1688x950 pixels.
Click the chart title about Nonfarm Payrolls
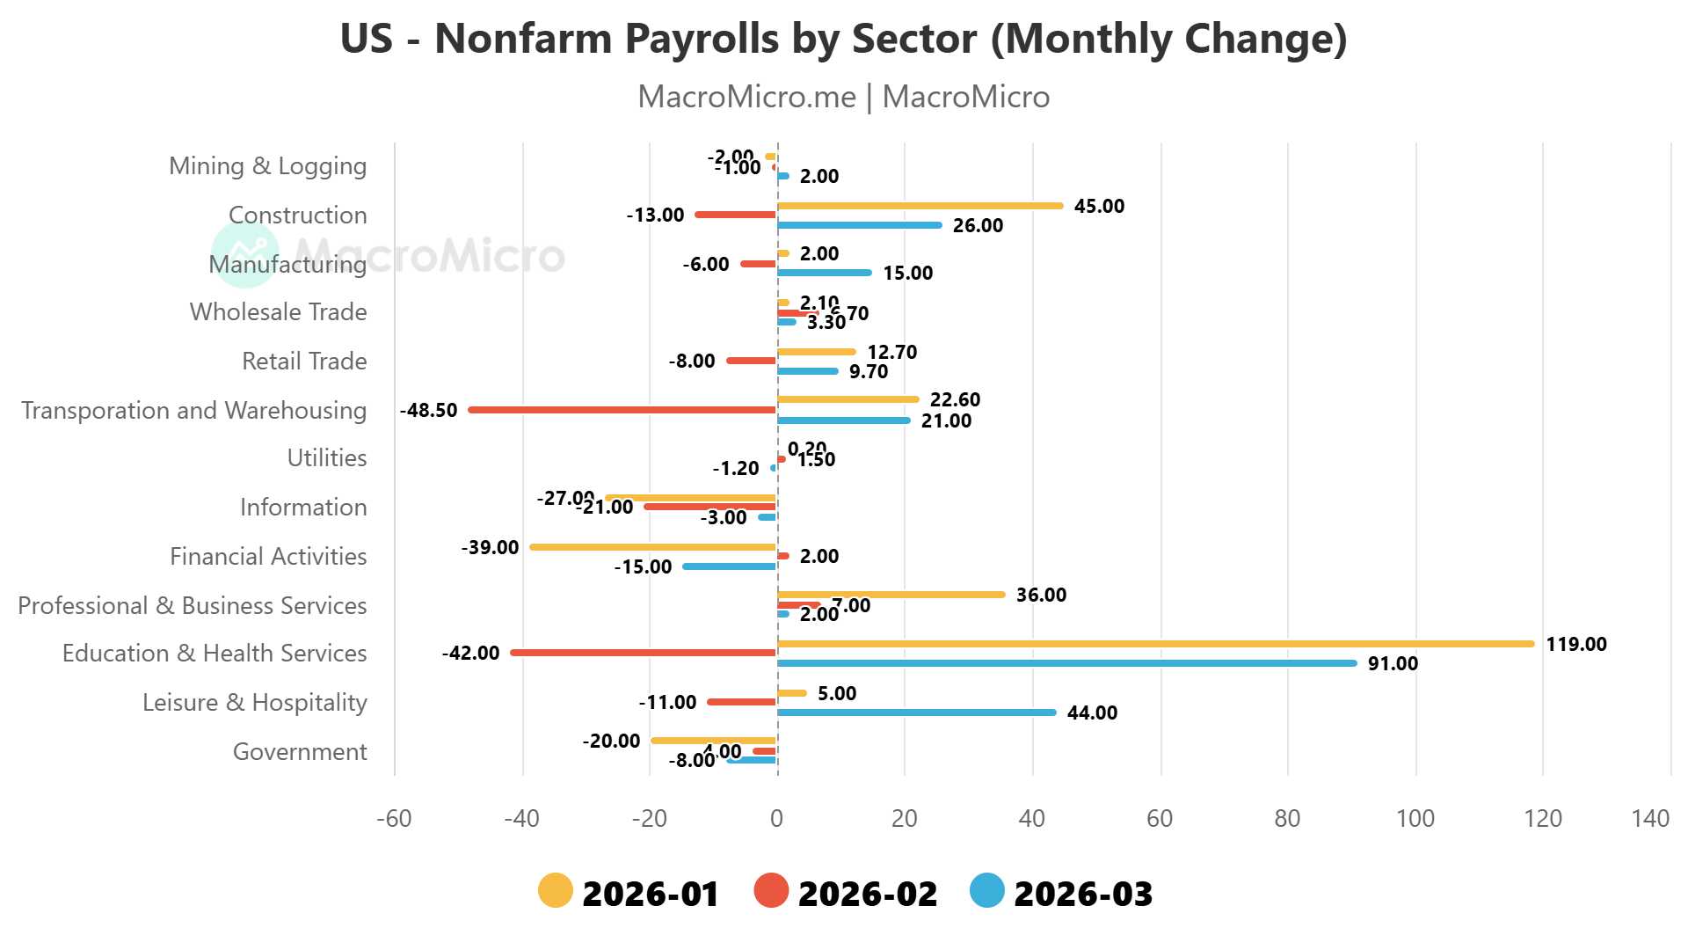coord(843,40)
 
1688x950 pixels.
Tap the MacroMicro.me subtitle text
coord(843,97)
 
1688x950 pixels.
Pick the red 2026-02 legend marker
coord(771,890)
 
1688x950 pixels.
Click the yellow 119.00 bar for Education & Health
coord(1155,644)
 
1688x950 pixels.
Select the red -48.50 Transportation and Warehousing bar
coord(622,410)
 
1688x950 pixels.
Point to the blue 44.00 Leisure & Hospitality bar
coord(916,712)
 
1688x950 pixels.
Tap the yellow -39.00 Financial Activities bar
coord(653,547)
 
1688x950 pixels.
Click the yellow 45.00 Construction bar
coord(920,206)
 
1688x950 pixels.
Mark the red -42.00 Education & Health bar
coord(644,653)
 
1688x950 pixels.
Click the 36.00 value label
coord(1041,595)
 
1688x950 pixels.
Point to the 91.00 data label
coord(1393,663)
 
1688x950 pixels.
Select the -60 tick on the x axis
coord(394,819)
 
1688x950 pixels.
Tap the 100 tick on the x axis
coord(1415,819)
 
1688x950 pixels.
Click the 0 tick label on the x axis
coord(776,819)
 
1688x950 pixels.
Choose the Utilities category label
coord(327,458)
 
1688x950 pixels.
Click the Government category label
coord(300,752)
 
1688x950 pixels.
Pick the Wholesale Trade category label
coord(278,312)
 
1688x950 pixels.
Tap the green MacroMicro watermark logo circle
coord(245,255)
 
